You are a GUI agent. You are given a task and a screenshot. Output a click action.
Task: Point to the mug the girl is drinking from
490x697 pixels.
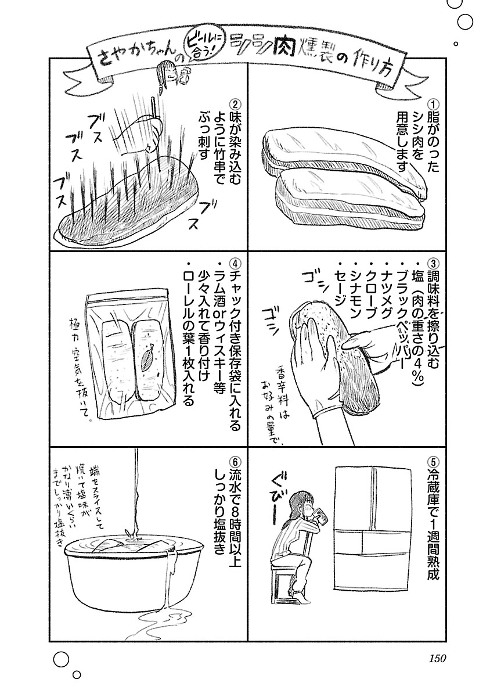318,516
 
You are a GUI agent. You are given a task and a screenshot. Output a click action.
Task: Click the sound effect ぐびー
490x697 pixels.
278,497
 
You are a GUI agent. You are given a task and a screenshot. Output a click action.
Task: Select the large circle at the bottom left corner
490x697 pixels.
60,660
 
